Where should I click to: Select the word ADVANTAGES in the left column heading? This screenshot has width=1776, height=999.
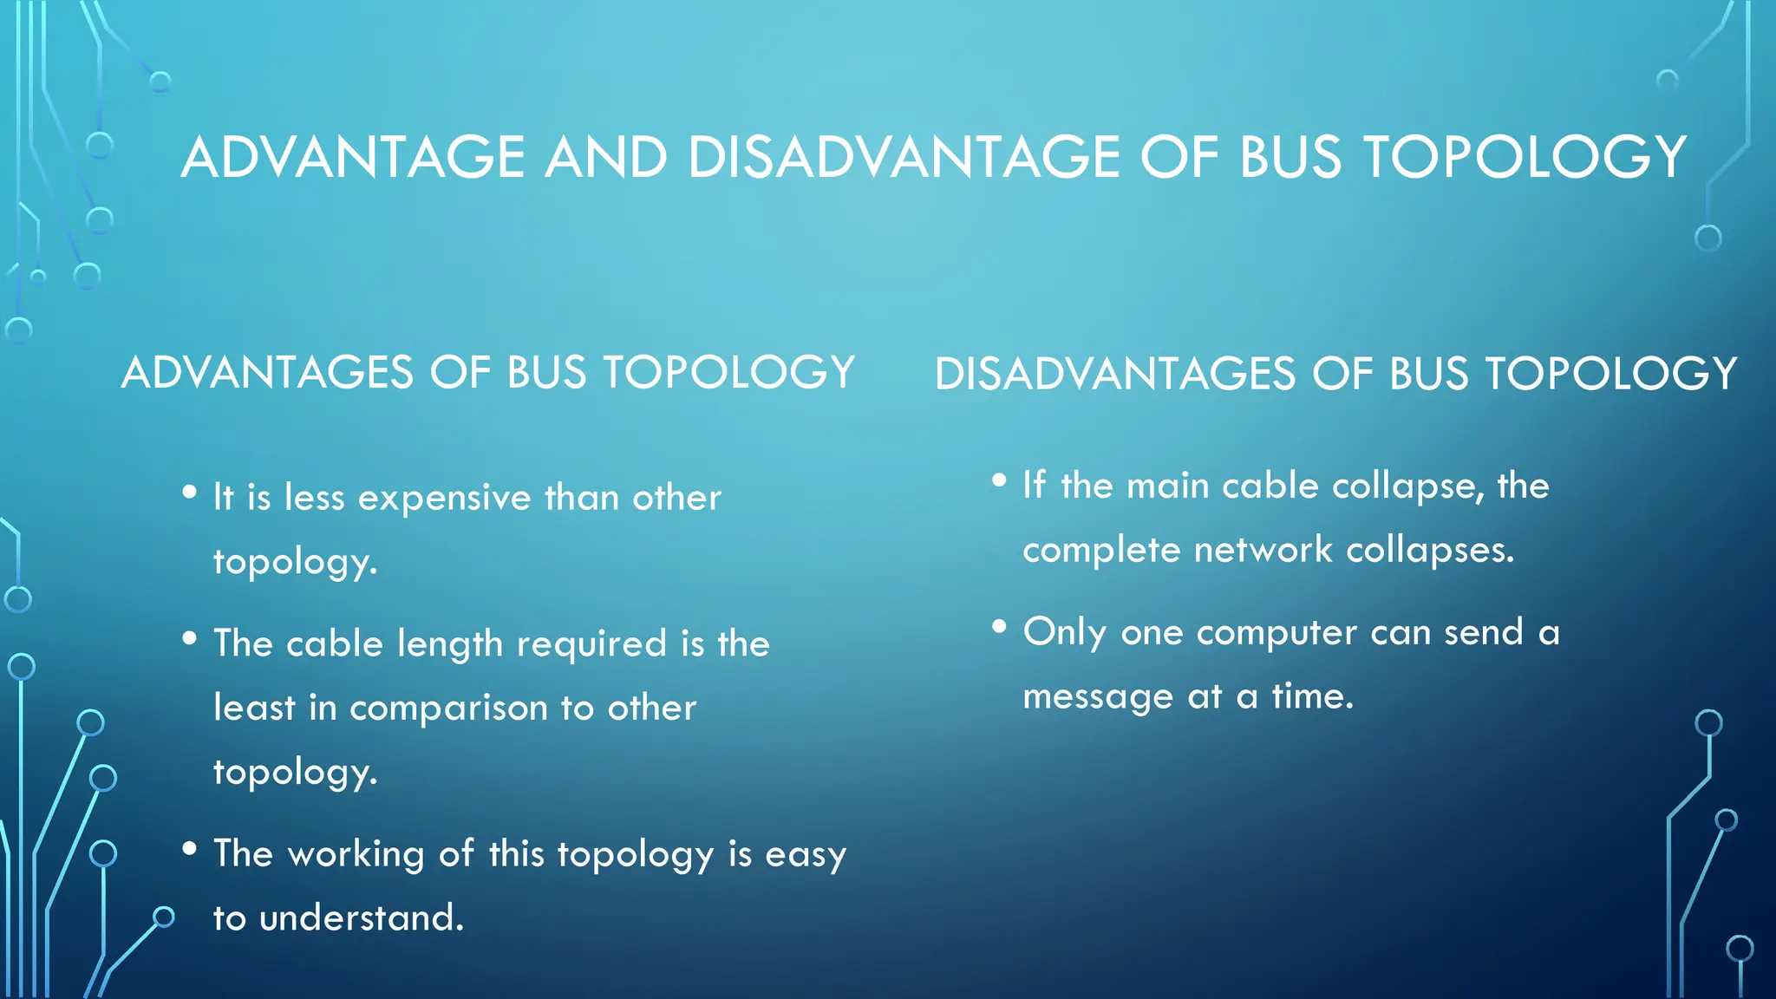click(268, 373)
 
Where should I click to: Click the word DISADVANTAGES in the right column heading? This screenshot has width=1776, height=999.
click(1114, 375)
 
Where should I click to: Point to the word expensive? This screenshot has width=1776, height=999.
click(444, 499)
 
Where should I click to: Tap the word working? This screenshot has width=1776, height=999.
click(356, 855)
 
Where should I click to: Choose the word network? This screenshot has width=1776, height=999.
click(1263, 551)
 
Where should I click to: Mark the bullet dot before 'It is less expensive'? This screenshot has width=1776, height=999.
click(190, 493)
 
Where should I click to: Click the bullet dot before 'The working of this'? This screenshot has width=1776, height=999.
click(190, 849)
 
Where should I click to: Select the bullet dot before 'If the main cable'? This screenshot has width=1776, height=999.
click(999, 480)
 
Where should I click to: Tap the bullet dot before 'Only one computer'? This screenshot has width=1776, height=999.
click(999, 627)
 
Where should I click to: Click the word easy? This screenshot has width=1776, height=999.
click(805, 857)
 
